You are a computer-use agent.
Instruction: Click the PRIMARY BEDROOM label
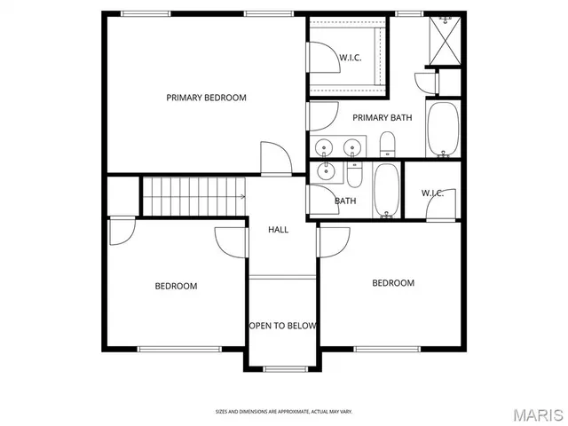coord(206,98)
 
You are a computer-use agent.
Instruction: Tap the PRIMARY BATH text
coord(382,118)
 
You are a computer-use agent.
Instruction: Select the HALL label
coord(278,230)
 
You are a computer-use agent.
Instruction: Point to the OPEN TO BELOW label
coord(282,326)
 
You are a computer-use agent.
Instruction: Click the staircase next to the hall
coord(194,195)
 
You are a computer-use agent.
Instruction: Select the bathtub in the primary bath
coord(442,130)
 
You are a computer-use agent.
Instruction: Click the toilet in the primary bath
coord(387,144)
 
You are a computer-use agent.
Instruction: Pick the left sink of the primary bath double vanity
coord(325,146)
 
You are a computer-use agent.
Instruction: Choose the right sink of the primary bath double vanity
coord(353,146)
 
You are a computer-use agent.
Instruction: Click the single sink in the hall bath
coord(326,172)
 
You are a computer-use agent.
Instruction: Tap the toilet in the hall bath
coord(355,177)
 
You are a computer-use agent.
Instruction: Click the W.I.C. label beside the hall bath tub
coord(432,193)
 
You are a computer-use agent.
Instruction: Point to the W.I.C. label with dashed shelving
coord(349,59)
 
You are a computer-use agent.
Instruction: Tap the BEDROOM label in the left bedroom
coord(176,286)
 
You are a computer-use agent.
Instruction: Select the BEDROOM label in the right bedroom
coord(392,283)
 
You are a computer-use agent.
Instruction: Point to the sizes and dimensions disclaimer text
coord(283,411)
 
